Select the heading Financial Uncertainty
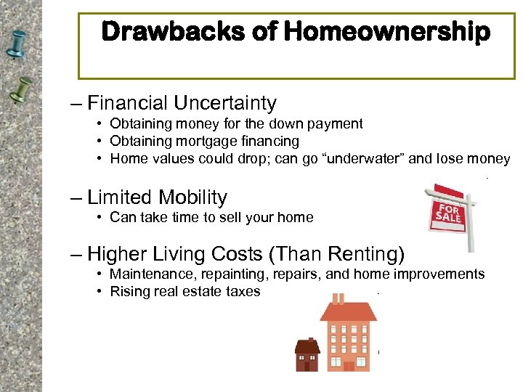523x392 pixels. coord(182,103)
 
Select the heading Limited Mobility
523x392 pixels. coord(157,197)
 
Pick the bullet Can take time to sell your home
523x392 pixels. coord(211,217)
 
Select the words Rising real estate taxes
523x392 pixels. coord(185,292)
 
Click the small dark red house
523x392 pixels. coord(307,356)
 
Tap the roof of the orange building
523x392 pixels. coord(348,311)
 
